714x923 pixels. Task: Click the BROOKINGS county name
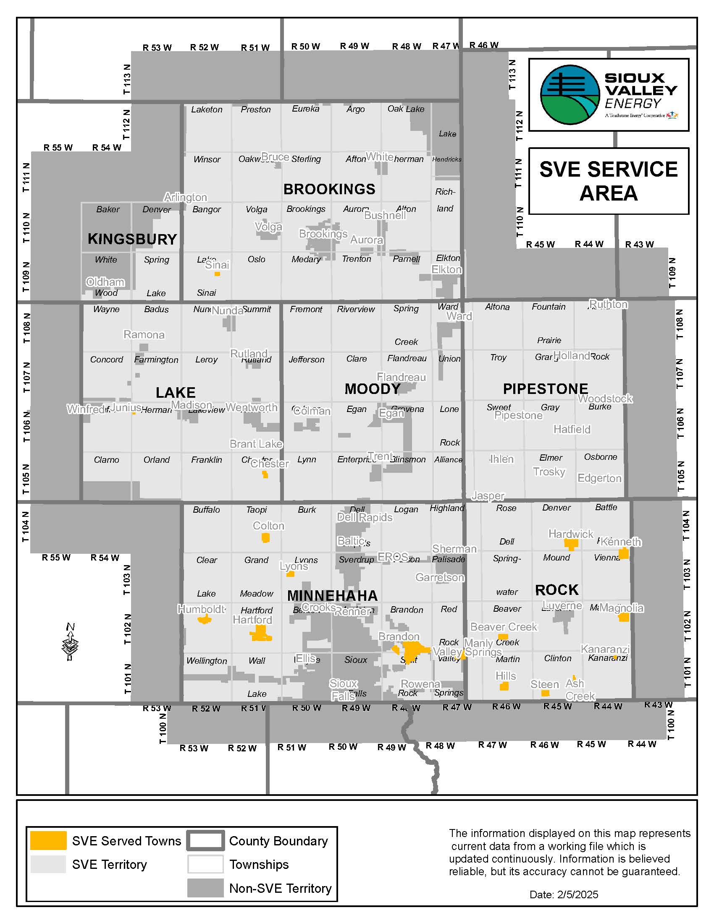[x=329, y=189]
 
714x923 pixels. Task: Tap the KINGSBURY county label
[x=132, y=239]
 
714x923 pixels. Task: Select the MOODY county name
[x=372, y=389]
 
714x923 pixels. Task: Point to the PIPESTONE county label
[x=545, y=389]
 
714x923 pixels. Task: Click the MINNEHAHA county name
[x=332, y=595]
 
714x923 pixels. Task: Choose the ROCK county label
[x=556, y=590]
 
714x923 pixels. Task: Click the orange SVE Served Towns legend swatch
[x=48, y=841]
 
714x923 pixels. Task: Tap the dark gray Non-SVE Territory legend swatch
[x=205, y=888]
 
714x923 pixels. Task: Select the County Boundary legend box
[x=205, y=841]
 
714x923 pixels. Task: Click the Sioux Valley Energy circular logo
[x=570, y=94]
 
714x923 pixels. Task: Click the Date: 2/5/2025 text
[x=563, y=895]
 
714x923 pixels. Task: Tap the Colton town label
[x=269, y=526]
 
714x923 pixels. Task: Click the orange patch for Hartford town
[x=260, y=634]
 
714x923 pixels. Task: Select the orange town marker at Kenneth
[x=623, y=553]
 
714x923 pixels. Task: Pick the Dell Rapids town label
[x=365, y=517]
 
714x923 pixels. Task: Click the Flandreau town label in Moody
[x=401, y=377]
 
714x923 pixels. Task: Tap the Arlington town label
[x=185, y=197]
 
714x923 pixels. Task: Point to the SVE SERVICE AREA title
[x=608, y=181]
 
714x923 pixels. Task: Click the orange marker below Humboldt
[x=205, y=620]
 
